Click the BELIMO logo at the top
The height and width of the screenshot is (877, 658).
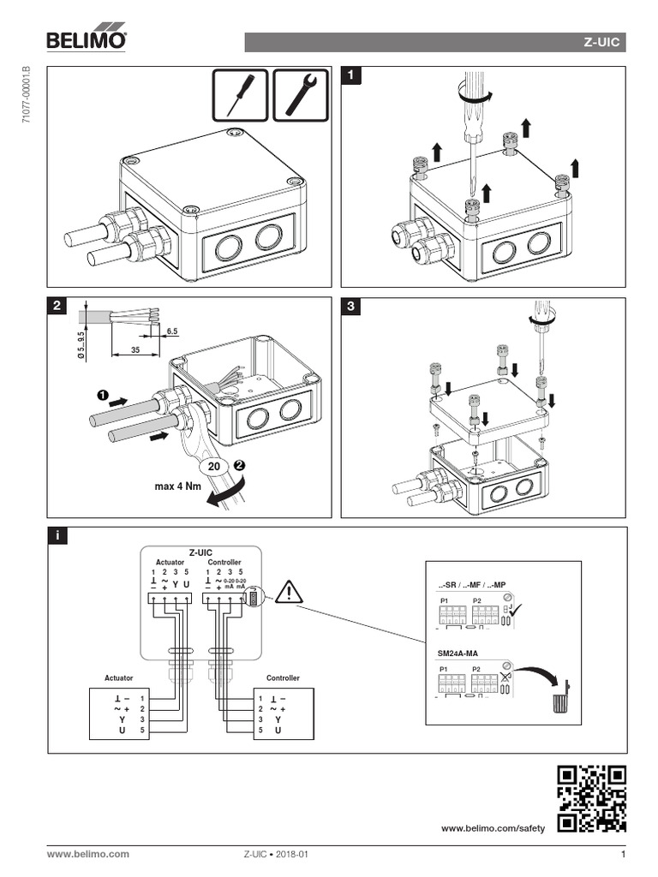[87, 39]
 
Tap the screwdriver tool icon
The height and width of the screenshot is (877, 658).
[240, 94]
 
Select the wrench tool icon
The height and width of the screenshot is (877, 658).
[301, 94]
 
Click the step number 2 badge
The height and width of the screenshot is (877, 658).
[56, 306]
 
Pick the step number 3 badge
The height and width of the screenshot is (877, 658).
[350, 306]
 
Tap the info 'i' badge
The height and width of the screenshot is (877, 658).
[56, 535]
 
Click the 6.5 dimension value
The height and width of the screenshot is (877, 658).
[172, 330]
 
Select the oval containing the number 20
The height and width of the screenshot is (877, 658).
[215, 467]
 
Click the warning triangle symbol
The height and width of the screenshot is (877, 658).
[290, 591]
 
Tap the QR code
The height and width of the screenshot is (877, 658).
[591, 798]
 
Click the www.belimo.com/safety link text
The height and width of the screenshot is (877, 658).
[493, 829]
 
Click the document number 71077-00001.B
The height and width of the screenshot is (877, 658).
[26, 95]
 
